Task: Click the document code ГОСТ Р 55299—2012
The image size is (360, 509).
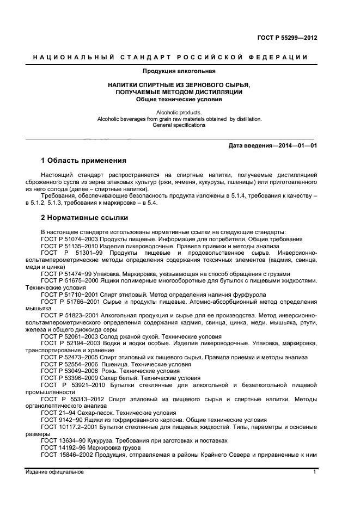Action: tap(287, 38)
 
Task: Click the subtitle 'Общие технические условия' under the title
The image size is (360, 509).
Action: tap(179, 100)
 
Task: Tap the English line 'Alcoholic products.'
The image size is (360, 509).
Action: tap(179, 112)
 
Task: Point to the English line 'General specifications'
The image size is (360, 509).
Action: tap(179, 125)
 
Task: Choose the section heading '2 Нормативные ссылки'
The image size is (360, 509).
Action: tap(84, 218)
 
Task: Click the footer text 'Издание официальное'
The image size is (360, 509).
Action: tap(54, 472)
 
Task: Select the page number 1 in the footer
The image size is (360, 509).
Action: tap(314, 472)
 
